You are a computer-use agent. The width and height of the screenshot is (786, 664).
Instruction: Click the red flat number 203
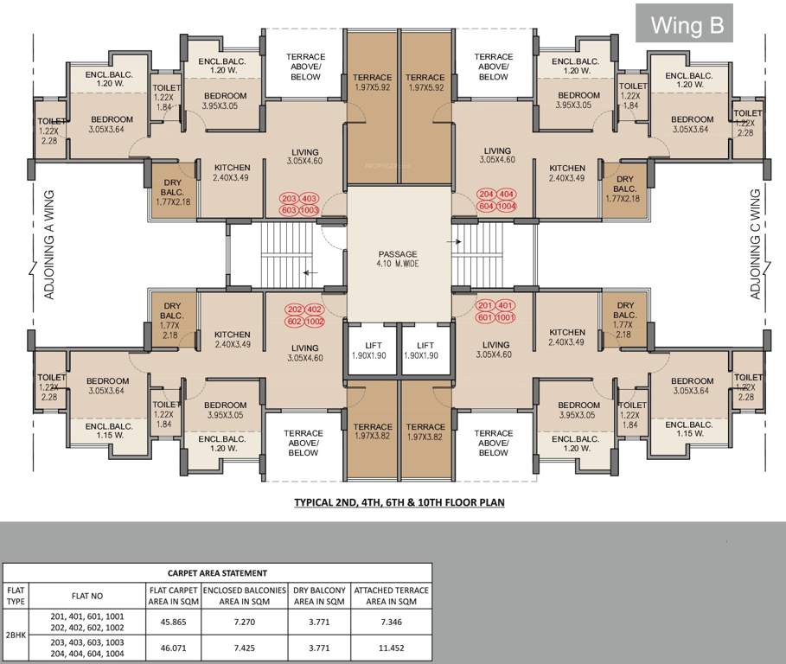(289, 198)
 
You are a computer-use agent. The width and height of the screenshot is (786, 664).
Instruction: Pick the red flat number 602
(294, 322)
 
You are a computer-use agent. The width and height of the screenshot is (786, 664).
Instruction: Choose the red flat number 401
(507, 305)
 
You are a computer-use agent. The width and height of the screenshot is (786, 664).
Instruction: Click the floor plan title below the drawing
(399, 501)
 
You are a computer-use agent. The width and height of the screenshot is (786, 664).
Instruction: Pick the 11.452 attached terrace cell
(392, 645)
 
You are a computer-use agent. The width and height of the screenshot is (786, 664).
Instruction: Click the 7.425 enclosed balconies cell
(246, 645)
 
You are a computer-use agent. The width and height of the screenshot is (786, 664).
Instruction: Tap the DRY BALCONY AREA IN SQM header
(320, 597)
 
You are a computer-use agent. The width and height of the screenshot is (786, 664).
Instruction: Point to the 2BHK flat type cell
(16, 634)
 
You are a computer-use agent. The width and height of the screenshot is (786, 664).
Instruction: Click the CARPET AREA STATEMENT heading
(217, 572)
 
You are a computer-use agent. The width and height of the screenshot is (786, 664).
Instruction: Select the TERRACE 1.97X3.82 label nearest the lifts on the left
(373, 432)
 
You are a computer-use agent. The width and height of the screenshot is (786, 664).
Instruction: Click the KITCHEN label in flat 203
(232, 172)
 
